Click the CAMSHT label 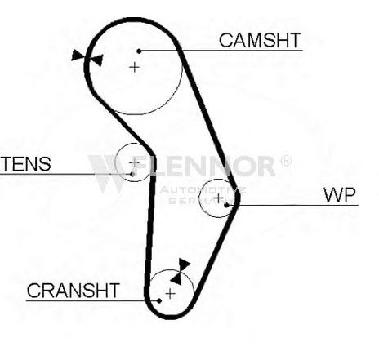point(260,40)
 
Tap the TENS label point(25,164)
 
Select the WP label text point(340,195)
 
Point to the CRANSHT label point(74,291)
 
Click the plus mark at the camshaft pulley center point(134,67)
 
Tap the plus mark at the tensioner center point(134,162)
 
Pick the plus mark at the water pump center point(218,198)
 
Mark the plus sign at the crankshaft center point(170,293)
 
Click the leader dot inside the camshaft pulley point(139,51)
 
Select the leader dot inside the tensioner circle point(132,174)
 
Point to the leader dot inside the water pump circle point(226,205)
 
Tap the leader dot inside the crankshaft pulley point(159,300)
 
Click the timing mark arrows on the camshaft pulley point(87,58)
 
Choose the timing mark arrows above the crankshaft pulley point(180,272)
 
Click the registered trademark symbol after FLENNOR point(286,161)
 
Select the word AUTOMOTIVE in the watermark point(203,190)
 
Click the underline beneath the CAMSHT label point(221,51)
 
